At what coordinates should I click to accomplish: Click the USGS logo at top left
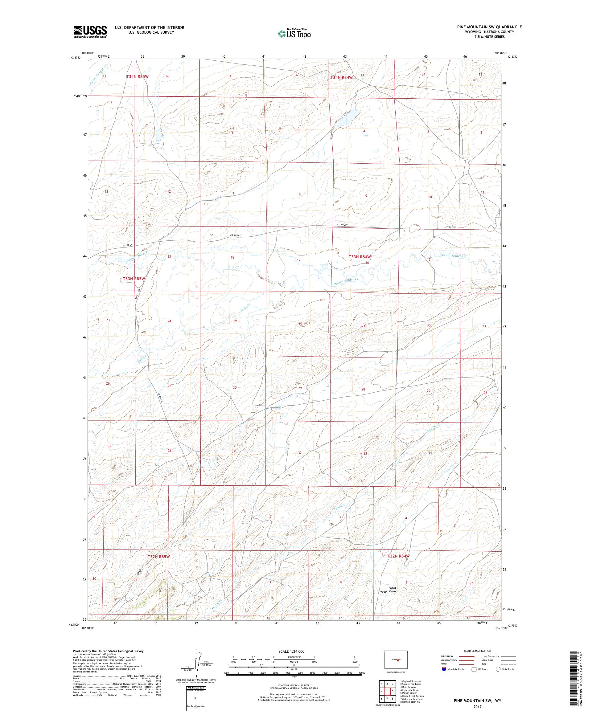(x=90, y=32)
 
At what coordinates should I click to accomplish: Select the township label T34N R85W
(x=138, y=77)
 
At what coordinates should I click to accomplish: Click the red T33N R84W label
(x=359, y=257)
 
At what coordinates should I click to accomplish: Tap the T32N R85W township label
(x=158, y=556)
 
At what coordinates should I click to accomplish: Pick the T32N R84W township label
(x=398, y=556)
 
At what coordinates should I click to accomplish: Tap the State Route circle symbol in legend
(x=498, y=669)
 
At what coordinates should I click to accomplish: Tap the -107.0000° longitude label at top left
(x=87, y=53)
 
